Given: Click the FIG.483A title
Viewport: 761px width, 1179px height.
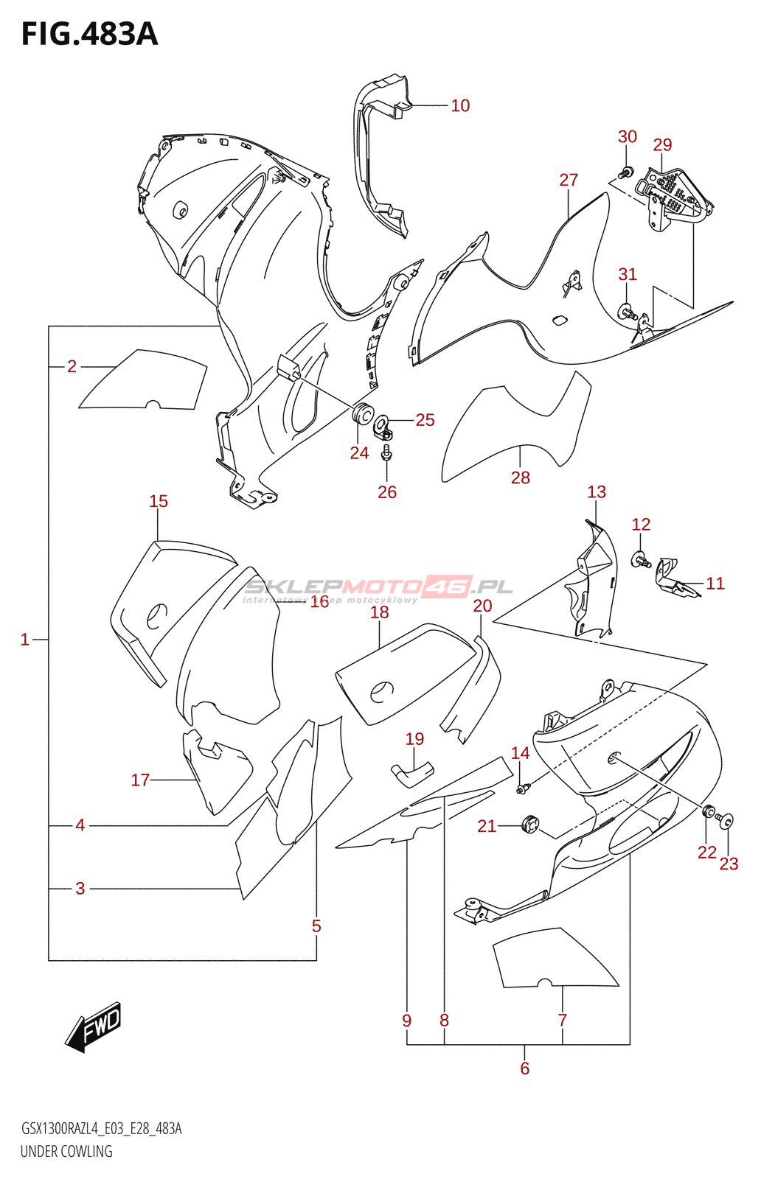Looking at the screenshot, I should pyautogui.click(x=89, y=34).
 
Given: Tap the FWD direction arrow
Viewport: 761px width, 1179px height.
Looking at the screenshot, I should pyautogui.click(x=94, y=1026).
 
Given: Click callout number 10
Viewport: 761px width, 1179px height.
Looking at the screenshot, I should pyautogui.click(x=460, y=106).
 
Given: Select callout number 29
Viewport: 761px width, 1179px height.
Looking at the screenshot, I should pyautogui.click(x=662, y=145).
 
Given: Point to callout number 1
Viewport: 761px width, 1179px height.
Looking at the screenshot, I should pyautogui.click(x=25, y=640).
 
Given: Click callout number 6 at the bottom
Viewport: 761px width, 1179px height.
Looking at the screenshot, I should pyautogui.click(x=524, y=1068).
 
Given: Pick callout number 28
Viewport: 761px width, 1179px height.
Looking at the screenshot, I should pyautogui.click(x=521, y=477).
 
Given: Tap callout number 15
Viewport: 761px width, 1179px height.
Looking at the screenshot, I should pyautogui.click(x=159, y=502).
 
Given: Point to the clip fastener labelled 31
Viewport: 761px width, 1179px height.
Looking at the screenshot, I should pyautogui.click(x=626, y=311).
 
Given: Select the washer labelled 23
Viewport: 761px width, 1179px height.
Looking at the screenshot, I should pyautogui.click(x=728, y=820).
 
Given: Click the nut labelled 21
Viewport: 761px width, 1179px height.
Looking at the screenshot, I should pyautogui.click(x=529, y=824).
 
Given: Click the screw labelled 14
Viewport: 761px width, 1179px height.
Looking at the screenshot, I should pyautogui.click(x=523, y=789).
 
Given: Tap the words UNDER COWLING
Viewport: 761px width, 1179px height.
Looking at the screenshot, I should pyautogui.click(x=66, y=1151).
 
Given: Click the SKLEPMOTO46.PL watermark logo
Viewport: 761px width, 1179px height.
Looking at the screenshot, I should pyautogui.click(x=378, y=588).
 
